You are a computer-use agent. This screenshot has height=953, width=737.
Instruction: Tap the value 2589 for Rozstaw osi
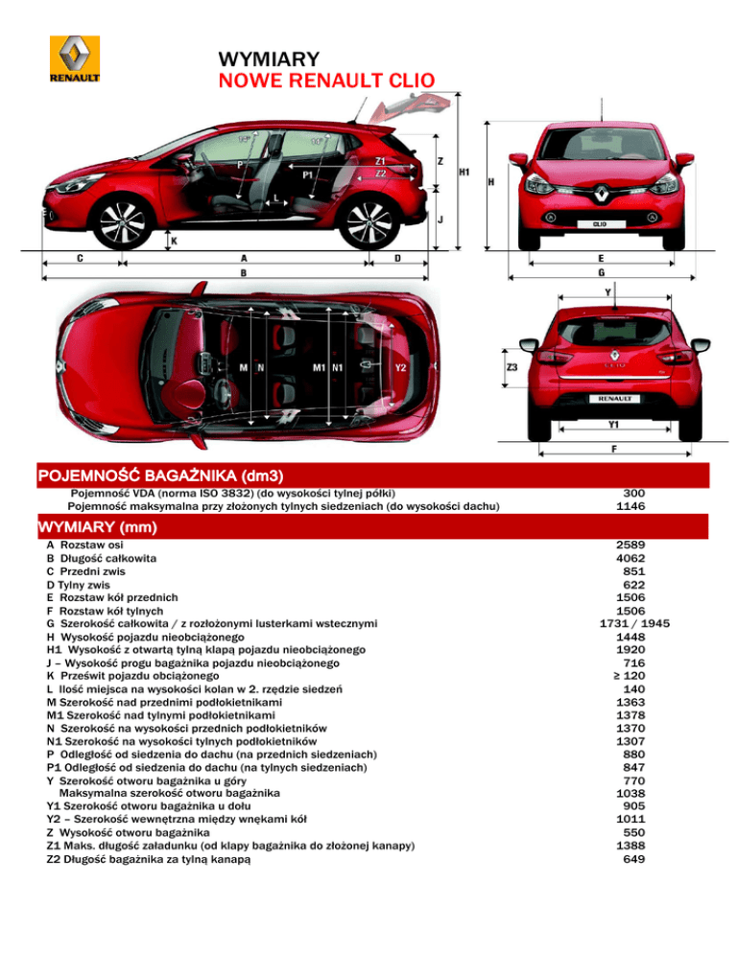(x=632, y=545)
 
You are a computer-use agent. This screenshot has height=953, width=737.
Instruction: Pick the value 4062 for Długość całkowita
(x=632, y=558)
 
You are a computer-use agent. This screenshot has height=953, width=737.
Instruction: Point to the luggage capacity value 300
(x=632, y=493)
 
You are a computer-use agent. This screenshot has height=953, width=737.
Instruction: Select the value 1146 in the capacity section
(x=632, y=506)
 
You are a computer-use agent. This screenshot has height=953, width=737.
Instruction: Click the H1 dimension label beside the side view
(x=464, y=173)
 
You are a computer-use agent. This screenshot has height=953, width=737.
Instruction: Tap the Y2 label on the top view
(x=401, y=367)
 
